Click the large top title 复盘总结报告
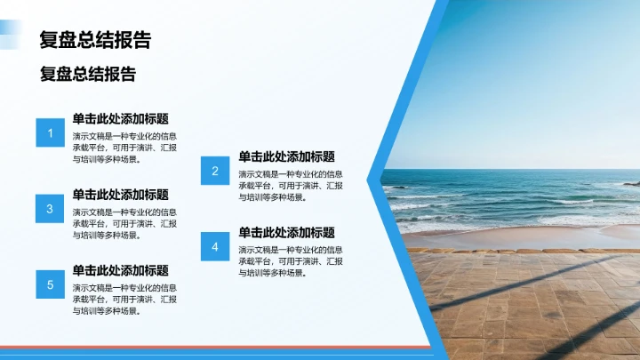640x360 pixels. (x=95, y=40)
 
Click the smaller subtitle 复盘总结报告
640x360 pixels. (x=88, y=75)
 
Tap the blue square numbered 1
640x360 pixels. (x=50, y=133)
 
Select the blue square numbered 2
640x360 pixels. (x=215, y=171)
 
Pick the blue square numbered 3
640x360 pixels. (x=50, y=209)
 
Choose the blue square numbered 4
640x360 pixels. (x=215, y=246)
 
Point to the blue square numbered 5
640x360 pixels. (x=50, y=284)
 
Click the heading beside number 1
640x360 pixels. (x=121, y=118)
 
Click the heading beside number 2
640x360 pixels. (x=286, y=156)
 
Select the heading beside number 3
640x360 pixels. (x=121, y=195)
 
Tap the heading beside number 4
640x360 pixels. (x=286, y=232)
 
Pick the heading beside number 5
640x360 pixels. (x=121, y=270)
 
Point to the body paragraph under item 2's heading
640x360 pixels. (x=291, y=186)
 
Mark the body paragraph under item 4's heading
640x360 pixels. (x=291, y=261)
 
